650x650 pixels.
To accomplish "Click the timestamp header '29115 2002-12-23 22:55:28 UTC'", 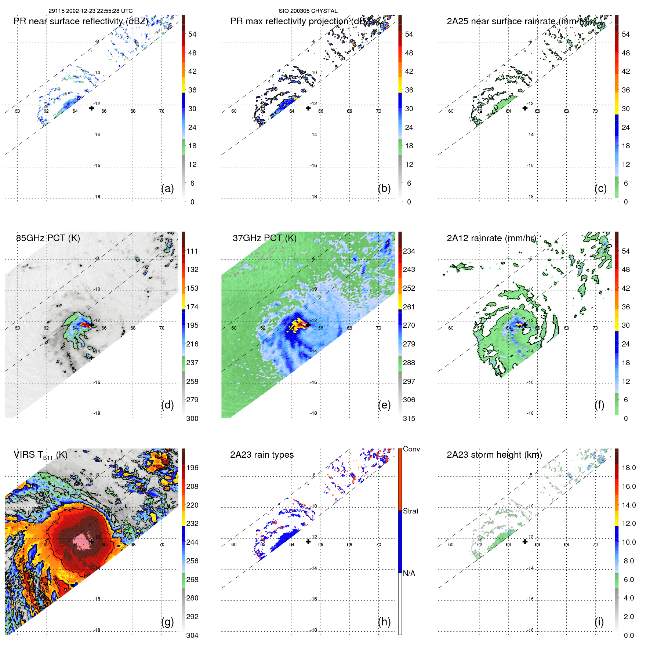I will click(91, 11).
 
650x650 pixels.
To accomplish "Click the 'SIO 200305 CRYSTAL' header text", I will click(308, 11).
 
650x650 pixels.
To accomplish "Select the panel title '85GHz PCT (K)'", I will click(48, 238).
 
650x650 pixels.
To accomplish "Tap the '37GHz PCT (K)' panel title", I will click(264, 238).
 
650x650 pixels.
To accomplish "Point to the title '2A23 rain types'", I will click(262, 455).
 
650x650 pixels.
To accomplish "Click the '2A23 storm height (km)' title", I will click(494, 455).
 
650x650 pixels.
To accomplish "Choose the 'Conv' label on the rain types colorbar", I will click(411, 449).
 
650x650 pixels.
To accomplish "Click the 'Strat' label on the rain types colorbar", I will click(411, 511).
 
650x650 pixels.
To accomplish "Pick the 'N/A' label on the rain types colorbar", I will click(409, 573).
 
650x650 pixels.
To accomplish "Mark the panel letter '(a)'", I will click(167, 188).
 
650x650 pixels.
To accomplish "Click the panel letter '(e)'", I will click(384, 405).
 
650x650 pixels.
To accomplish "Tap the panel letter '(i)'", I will click(599, 622).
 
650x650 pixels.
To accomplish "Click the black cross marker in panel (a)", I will click(91, 108).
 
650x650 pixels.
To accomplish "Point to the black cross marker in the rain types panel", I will click(308, 541).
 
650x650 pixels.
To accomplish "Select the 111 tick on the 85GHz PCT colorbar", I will click(192, 251).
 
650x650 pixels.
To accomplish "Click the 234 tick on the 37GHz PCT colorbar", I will click(409, 251).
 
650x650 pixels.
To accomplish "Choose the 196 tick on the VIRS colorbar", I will click(192, 468).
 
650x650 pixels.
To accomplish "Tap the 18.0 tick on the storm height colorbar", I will click(629, 468).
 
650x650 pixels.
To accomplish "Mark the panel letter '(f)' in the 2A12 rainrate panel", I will click(599, 405).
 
